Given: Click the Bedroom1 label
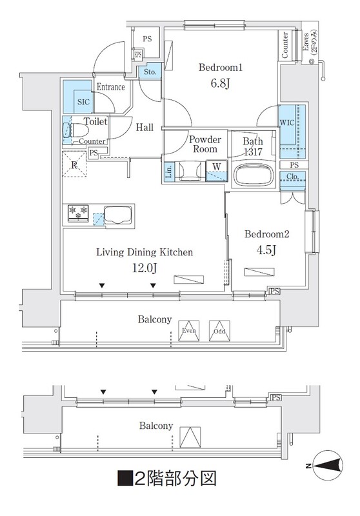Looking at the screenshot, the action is coord(221,68).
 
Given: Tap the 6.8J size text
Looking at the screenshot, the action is coord(220,83).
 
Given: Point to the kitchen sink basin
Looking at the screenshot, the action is coord(118,215).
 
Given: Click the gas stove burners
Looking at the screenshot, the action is coord(78,213).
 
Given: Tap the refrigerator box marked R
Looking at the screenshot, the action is coord(74,164).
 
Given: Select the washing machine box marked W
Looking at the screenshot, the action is coord(217,171).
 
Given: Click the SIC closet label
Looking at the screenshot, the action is coord(83,102).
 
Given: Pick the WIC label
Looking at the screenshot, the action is coord(287,123).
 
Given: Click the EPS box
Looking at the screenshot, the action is coord(137,55).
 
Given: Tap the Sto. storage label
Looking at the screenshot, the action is coord(150,72).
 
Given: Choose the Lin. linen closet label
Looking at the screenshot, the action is coord(168,172).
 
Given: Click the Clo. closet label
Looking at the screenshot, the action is coord(292,176).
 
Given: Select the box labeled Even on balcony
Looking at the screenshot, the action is coord(189,331).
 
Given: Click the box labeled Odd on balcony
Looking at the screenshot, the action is coord(219,331).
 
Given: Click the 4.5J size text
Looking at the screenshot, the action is coord(266,250).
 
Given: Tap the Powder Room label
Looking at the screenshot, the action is coord(205,144).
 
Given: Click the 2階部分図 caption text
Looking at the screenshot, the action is coord(167,479).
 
